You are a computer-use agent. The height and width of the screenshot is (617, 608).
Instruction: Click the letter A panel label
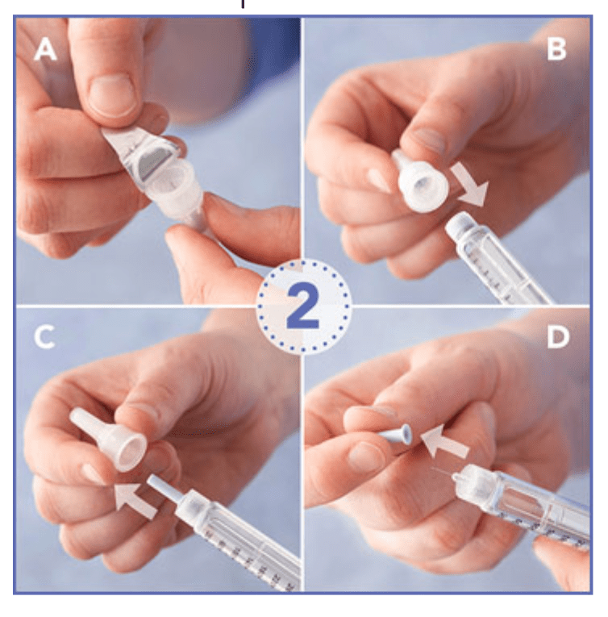[46, 50]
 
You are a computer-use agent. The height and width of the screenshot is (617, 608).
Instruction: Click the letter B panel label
[556, 49]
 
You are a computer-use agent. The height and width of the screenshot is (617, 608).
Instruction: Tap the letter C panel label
[44, 338]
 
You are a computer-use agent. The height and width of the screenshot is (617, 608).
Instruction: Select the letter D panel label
[558, 337]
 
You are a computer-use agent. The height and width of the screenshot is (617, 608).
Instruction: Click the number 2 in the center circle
[303, 306]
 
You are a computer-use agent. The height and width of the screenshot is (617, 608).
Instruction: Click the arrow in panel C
[135, 501]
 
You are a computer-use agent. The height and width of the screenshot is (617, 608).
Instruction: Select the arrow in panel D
[444, 441]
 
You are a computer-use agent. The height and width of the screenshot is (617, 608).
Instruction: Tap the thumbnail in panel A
[111, 96]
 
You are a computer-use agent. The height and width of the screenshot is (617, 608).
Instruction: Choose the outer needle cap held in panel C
[109, 439]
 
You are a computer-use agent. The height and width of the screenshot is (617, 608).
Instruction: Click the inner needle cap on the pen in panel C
[164, 489]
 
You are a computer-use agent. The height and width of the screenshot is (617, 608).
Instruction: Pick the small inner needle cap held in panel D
[394, 435]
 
